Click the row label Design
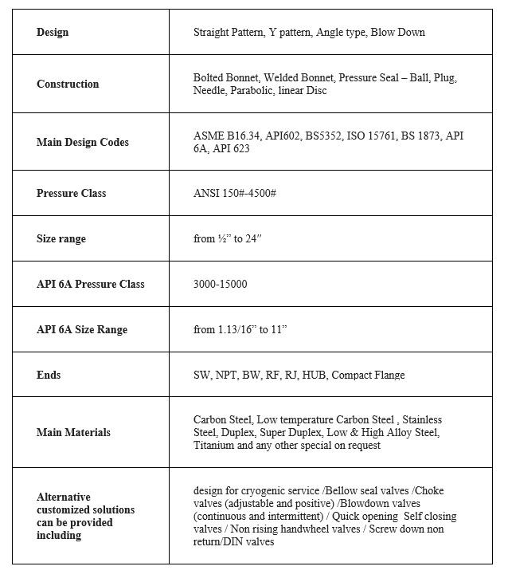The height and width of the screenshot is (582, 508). pos(53,33)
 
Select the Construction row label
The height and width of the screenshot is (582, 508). pos(68,85)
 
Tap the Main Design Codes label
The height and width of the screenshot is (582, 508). pos(83,143)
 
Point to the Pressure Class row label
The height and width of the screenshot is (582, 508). pos(71,194)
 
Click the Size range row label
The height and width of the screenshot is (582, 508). pos(61,239)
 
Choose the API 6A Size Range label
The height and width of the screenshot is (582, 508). pos(82,330)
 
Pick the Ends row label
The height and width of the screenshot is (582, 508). pos(49,375)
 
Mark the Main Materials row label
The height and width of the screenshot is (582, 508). pos(73,433)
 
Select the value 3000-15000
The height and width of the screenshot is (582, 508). pos(220,285)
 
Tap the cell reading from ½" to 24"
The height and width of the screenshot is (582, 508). pos(228,239)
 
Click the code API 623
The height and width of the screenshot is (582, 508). pos(231,149)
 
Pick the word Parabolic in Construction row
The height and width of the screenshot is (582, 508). pos(254,91)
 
